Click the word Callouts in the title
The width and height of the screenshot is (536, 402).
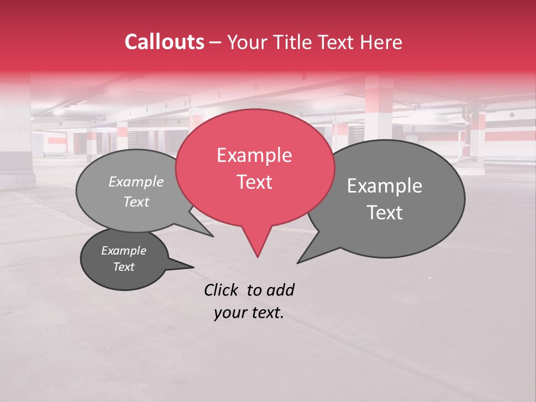pyautogui.click(x=164, y=42)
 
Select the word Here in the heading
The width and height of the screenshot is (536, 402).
pyautogui.click(x=382, y=42)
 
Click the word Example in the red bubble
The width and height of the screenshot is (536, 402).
pyautogui.click(x=254, y=155)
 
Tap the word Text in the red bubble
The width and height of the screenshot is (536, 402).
pyautogui.click(x=254, y=182)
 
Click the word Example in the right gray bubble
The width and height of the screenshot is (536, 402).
pyautogui.click(x=385, y=186)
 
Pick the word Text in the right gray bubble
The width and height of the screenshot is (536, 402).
pyautogui.click(x=385, y=213)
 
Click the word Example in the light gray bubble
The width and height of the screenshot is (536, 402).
pyautogui.click(x=136, y=182)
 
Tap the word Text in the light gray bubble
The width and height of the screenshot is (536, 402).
pyautogui.click(x=136, y=202)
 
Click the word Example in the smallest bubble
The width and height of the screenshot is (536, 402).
pyautogui.click(x=123, y=251)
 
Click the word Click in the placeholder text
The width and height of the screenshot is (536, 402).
pyautogui.click(x=222, y=290)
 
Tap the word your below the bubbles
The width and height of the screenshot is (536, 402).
pyautogui.click(x=229, y=313)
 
